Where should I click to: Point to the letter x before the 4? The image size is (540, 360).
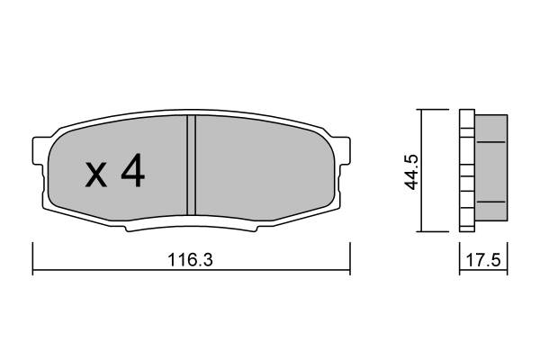(96, 175)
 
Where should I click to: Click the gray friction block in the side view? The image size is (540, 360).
(490, 171)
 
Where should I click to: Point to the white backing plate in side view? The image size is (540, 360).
(465, 171)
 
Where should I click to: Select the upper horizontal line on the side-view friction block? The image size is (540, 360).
(490, 142)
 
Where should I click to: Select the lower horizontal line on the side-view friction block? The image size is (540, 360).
(490, 201)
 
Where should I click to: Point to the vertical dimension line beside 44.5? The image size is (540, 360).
(421, 171)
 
